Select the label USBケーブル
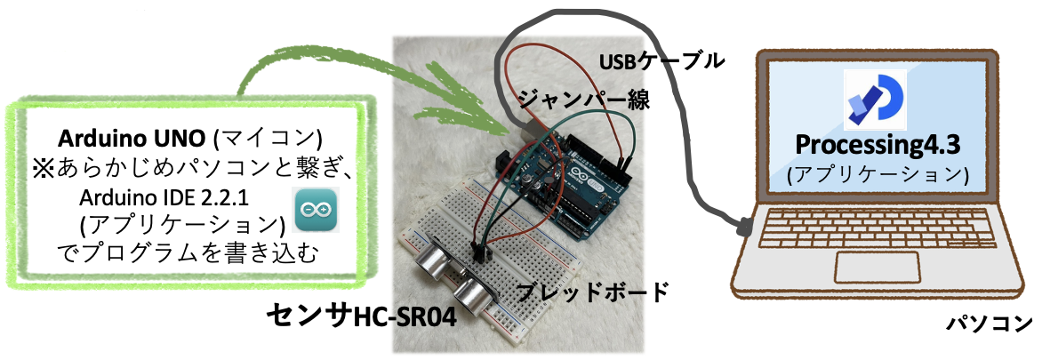[x=662, y=61]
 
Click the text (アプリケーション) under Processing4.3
[x=876, y=173]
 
